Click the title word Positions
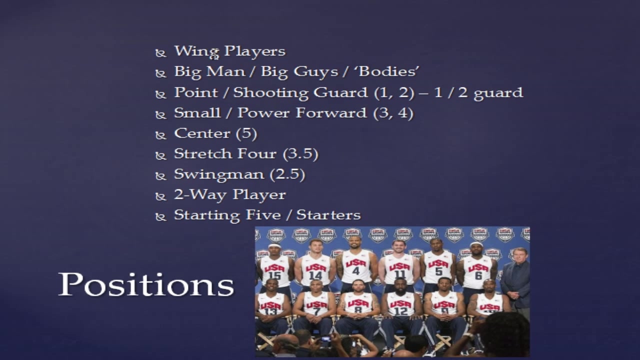tap(146, 284)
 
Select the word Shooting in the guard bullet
tap(270, 93)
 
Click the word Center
tap(202, 133)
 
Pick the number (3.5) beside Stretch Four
tap(300, 154)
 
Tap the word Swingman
tap(219, 175)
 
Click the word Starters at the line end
tap(328, 215)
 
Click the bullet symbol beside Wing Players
tap(160, 53)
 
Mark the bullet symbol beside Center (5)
tap(160, 135)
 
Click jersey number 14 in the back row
tap(315, 275)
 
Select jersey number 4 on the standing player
tap(355, 271)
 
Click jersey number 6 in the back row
tap(478, 275)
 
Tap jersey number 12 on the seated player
tap(400, 311)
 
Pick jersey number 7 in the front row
tap(316, 311)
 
